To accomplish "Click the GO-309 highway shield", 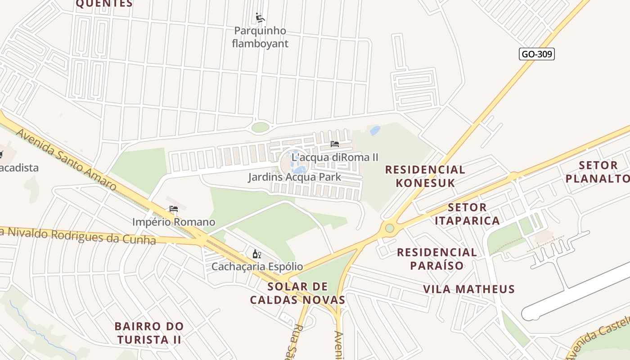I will (x=536, y=54).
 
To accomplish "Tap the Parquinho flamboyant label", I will (x=260, y=37).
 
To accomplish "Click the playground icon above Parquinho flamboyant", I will (x=260, y=18).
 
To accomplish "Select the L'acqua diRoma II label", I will (x=335, y=157).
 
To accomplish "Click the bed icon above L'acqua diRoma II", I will (x=334, y=144).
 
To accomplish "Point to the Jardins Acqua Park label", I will (x=294, y=177).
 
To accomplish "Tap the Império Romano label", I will (x=174, y=222).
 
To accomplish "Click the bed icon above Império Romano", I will (x=174, y=209).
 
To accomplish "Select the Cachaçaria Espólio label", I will (x=257, y=266).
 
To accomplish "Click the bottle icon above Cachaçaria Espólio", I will (x=257, y=254).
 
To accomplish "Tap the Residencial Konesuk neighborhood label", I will (x=425, y=176).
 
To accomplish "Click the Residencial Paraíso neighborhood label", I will (x=436, y=259).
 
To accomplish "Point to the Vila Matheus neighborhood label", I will (x=468, y=289).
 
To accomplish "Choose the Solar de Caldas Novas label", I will (x=297, y=293).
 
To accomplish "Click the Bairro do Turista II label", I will (x=149, y=333).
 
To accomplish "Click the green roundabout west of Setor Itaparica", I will (x=390, y=228).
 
